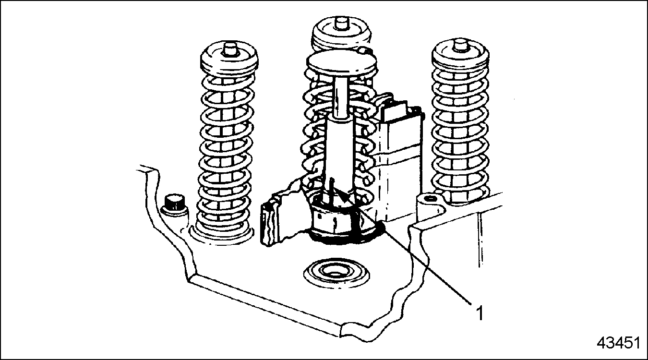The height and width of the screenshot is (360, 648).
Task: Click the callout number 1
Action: (x=480, y=313)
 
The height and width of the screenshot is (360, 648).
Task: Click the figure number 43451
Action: (x=618, y=343)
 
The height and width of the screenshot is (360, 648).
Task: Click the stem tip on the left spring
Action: (x=229, y=48)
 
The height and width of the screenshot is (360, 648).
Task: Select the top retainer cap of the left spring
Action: (x=229, y=61)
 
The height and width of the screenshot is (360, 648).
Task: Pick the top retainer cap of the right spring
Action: (x=460, y=59)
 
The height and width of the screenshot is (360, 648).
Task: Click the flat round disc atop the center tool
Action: (x=342, y=62)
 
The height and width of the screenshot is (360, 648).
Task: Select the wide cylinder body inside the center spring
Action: (x=340, y=156)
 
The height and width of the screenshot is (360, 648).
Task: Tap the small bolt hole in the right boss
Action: (x=430, y=199)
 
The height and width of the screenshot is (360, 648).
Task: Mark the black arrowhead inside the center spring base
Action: (x=343, y=197)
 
